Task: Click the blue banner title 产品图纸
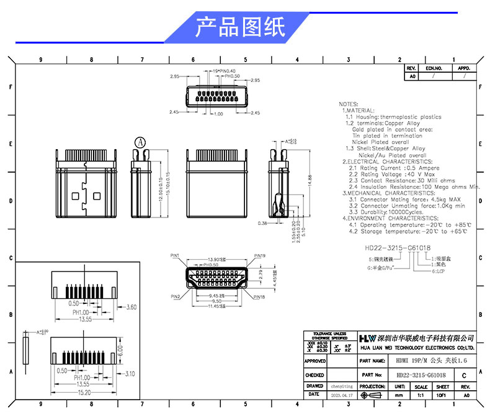pos(240,28)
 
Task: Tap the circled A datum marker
pos(140,142)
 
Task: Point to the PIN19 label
pos(259,256)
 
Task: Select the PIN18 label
pos(259,298)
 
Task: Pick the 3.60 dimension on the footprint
pos(130,307)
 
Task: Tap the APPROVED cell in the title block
pos(315,360)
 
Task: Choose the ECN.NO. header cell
pos(434,68)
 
